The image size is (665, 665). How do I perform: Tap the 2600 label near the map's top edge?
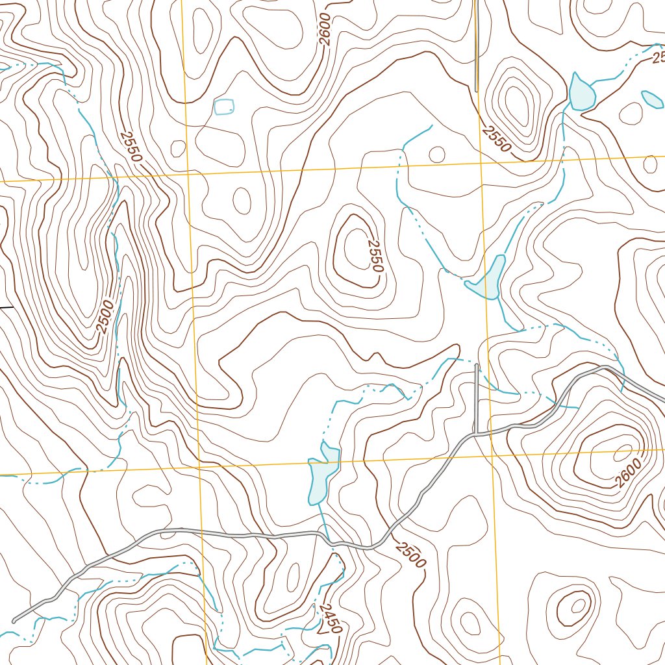coord(325,29)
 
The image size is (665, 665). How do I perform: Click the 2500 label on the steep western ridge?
coord(106,316)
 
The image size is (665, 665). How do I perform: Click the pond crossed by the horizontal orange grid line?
coord(323,473)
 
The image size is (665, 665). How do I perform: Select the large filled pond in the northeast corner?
coord(581,92)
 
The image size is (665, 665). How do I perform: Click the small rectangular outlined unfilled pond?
coord(224,107)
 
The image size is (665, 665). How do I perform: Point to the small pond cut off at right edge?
coord(652,99)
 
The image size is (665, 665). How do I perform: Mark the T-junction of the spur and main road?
coord(477,433)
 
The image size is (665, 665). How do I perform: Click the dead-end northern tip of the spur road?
coord(477,366)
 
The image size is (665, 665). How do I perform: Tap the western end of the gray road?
coord(14,621)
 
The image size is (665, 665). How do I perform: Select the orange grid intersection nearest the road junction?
coord(492,455)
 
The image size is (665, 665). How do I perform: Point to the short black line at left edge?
coord(6,306)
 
